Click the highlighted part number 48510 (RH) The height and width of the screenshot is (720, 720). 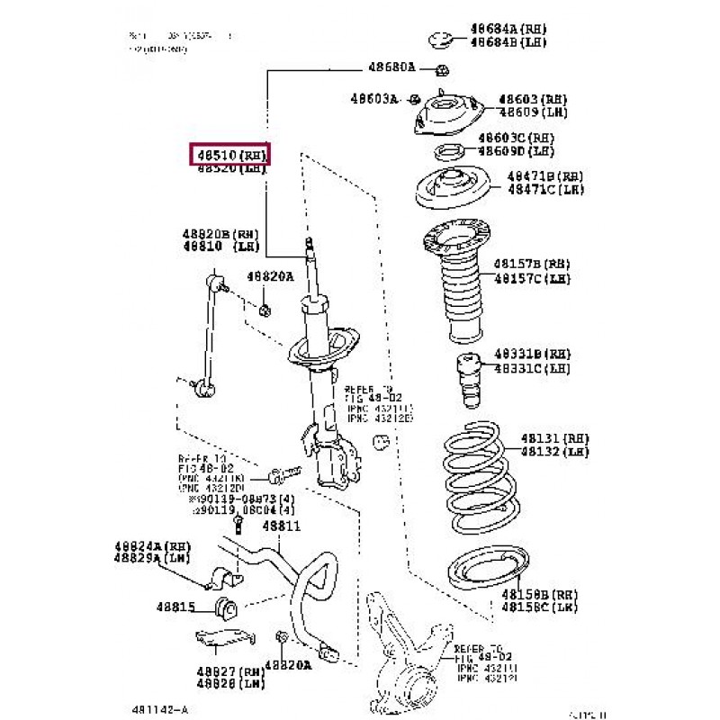click(229, 156)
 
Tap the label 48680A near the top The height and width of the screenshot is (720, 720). click(391, 67)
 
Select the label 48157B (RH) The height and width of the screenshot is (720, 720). click(532, 265)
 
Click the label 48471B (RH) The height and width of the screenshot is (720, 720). click(544, 176)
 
